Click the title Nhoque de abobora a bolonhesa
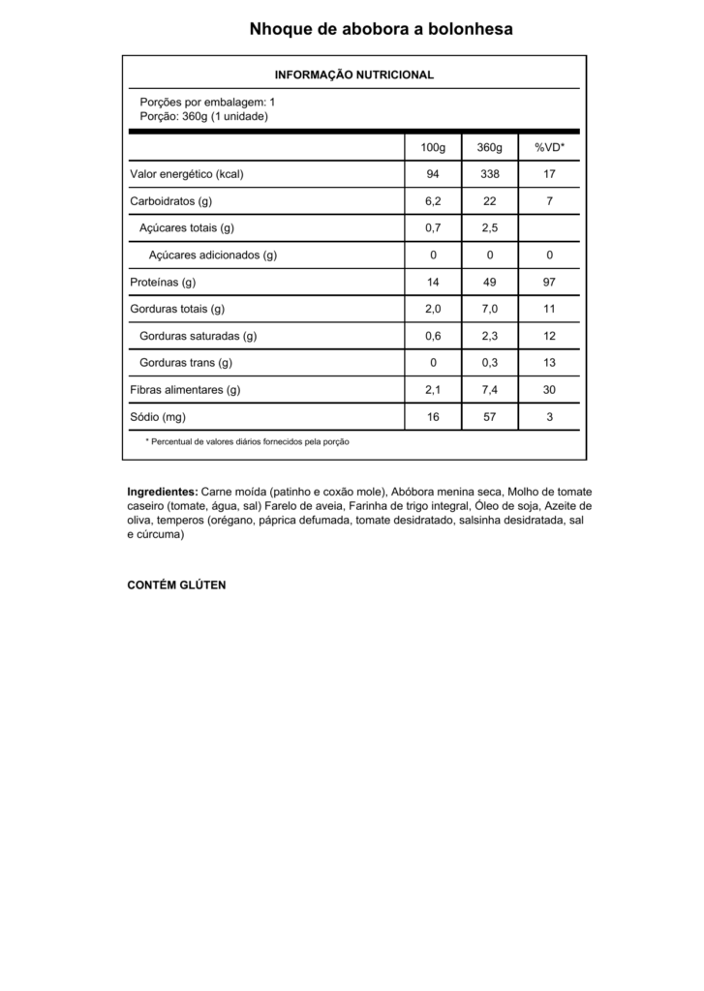381,29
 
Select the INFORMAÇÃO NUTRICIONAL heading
354,75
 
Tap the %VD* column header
549,147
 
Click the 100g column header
433,147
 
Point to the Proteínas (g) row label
164,283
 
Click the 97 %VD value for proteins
549,283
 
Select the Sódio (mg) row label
158,417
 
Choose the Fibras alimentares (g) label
185,390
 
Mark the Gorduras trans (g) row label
187,363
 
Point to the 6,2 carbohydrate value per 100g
433,201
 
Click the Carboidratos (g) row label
171,201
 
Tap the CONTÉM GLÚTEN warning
176,586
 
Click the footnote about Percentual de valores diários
247,441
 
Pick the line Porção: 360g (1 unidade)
203,116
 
